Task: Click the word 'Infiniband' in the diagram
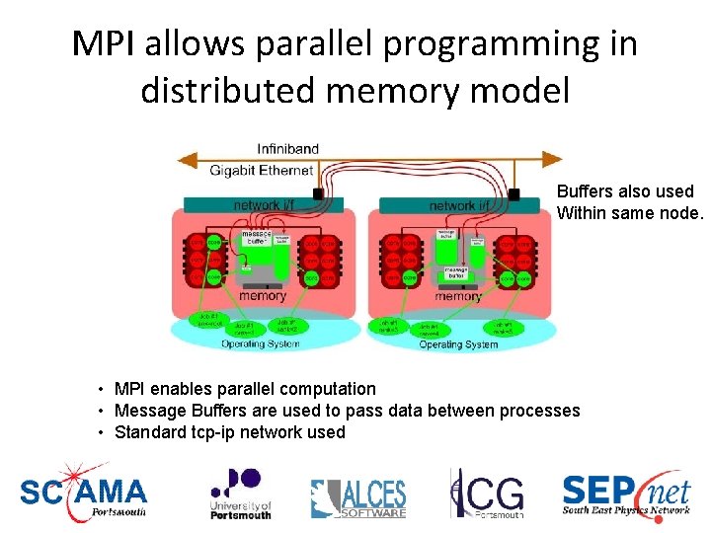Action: coord(287,149)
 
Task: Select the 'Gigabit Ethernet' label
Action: coord(261,170)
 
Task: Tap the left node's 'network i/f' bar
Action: coord(263,205)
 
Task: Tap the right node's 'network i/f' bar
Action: coord(459,205)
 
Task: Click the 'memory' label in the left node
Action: coord(263,295)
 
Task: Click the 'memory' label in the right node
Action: coord(458,296)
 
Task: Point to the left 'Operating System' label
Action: coord(260,343)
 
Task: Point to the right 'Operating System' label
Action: coord(458,344)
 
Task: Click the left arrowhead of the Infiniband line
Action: coord(182,159)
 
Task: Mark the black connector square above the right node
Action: coord(513,194)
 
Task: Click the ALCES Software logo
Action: coord(357,497)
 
